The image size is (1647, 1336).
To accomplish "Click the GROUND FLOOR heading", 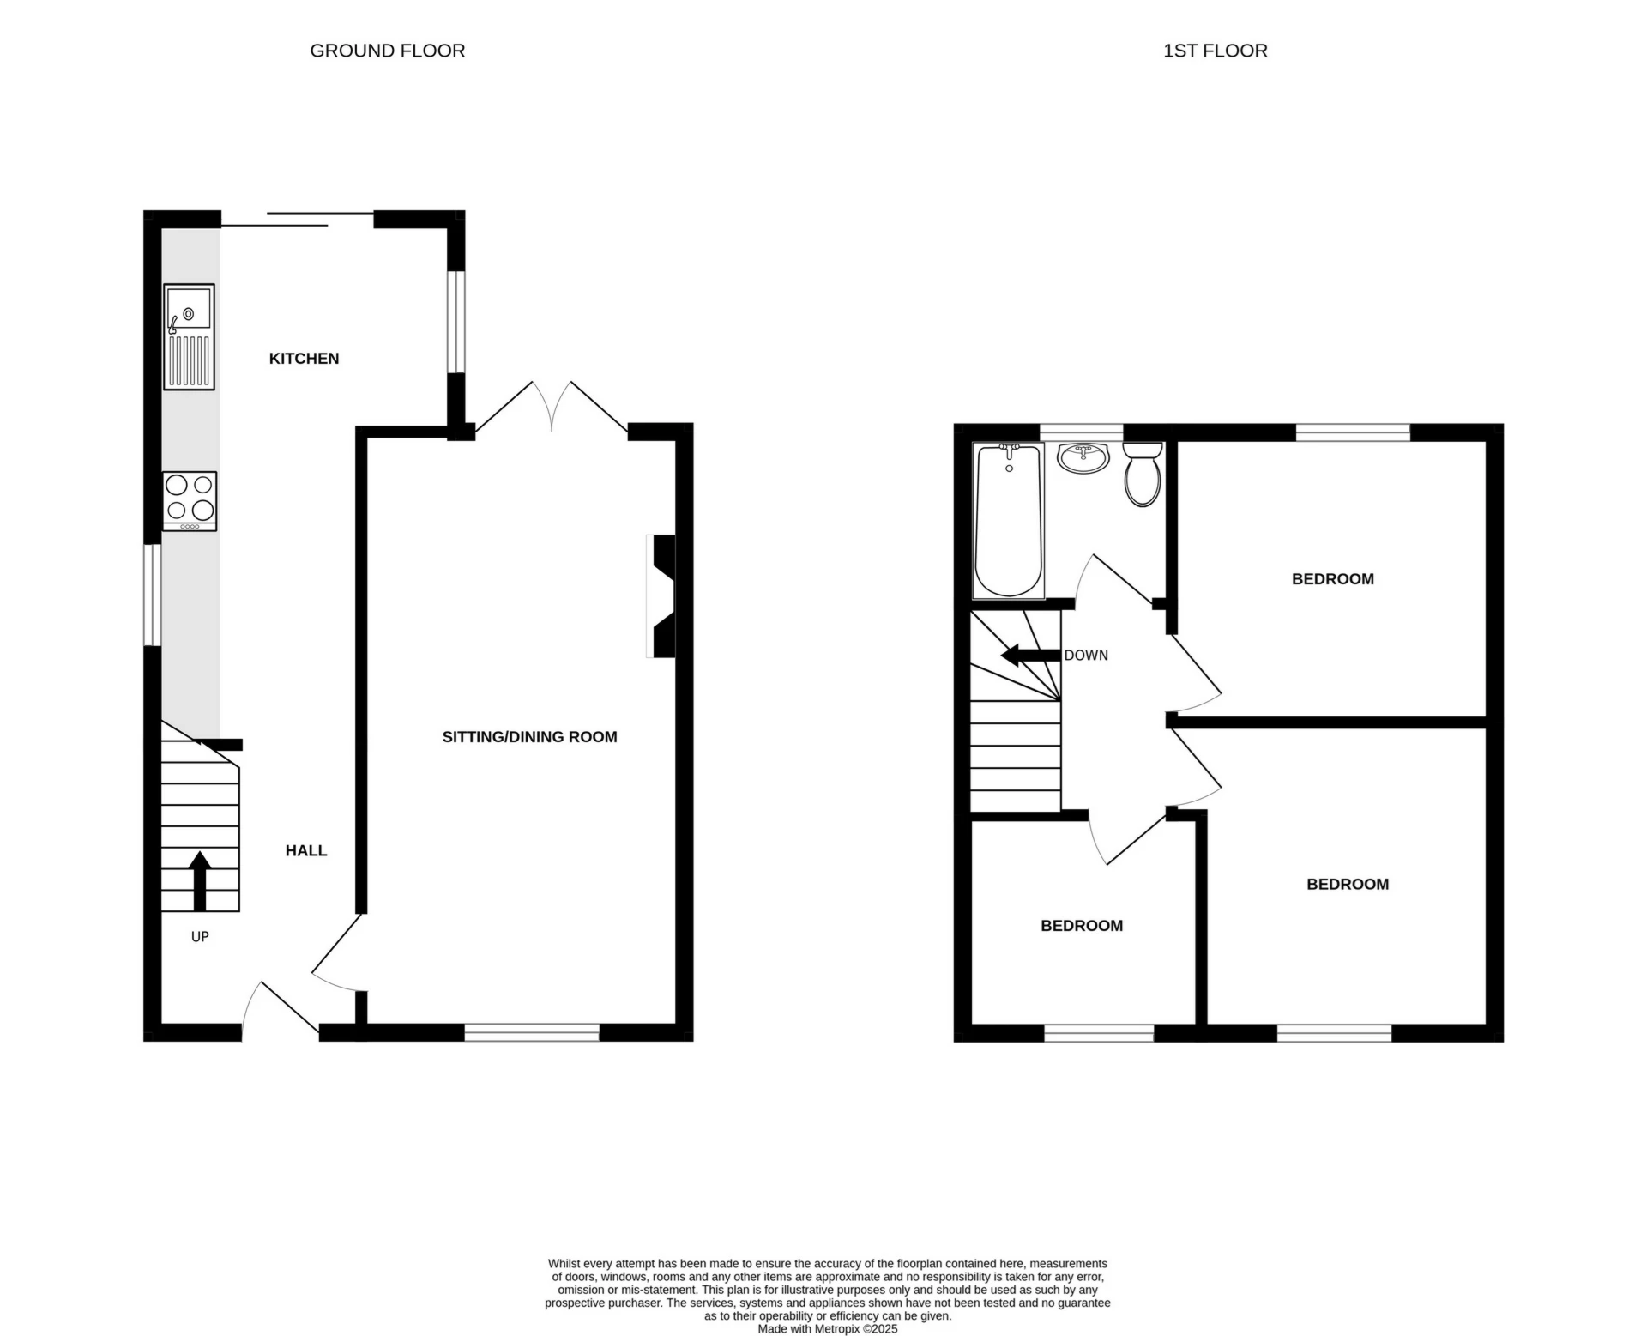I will (x=387, y=51).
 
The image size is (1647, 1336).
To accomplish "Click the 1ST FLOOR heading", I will (x=1215, y=51).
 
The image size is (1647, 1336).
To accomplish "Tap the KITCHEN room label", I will (x=304, y=359).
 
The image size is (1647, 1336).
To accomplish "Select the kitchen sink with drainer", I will (x=190, y=337).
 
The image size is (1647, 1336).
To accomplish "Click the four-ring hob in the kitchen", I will (x=190, y=501).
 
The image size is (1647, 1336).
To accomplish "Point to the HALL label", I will (x=306, y=850).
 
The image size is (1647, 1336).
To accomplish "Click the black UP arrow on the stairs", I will (x=200, y=880).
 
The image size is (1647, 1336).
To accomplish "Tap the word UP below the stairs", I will (x=200, y=937).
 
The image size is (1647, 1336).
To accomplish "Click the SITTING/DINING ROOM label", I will (x=529, y=737).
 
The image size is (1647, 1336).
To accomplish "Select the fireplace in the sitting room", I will (x=663, y=596).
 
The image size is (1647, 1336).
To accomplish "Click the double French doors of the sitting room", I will (x=552, y=408).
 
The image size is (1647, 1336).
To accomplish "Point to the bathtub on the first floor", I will (x=1009, y=521).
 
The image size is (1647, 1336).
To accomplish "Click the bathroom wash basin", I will (x=1084, y=458).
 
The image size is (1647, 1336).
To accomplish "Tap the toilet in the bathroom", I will (x=1142, y=475).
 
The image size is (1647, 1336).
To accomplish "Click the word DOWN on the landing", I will (x=1086, y=656).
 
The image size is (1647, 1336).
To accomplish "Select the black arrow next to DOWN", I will (x=1029, y=656).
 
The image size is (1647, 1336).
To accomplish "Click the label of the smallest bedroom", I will (x=1082, y=926).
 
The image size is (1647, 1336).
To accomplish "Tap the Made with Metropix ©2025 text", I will (x=827, y=1328).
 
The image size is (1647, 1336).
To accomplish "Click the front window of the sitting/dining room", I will (x=532, y=1032).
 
